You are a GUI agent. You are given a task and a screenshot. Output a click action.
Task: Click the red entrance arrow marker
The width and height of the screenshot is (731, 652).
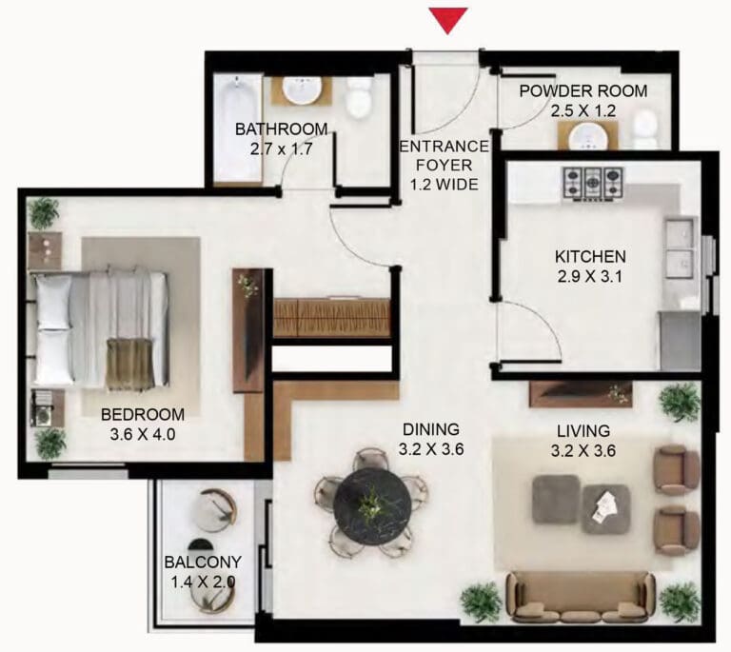tap(448, 20)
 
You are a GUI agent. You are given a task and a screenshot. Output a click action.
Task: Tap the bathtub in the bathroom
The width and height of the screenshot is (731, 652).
tap(238, 128)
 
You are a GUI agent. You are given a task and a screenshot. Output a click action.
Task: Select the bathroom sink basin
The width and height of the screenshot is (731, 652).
tap(302, 89)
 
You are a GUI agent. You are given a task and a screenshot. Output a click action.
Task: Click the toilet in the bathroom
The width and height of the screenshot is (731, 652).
tap(360, 97)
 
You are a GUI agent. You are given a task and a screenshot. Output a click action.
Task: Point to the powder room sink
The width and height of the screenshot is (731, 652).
tap(588, 135)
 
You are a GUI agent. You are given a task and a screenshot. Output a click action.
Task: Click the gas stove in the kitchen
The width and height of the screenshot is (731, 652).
tap(594, 184)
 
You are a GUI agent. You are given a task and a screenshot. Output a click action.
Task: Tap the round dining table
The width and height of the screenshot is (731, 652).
tap(372, 505)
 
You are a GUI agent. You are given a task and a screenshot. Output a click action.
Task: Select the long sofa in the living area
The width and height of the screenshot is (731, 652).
tap(581, 597)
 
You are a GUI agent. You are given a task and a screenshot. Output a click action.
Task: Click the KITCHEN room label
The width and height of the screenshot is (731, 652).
tap(590, 256)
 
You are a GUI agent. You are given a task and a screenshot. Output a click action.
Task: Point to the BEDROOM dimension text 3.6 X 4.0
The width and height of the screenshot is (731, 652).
tap(143, 434)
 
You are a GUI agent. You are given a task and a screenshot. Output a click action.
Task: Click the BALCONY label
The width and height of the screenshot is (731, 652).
tap(203, 563)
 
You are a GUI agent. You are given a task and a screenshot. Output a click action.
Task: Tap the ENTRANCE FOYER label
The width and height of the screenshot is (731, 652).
tap(445, 156)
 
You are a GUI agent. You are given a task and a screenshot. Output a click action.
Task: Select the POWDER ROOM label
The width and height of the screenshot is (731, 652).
tap(583, 90)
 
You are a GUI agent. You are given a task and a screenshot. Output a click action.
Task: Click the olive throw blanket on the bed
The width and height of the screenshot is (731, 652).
tap(129, 364)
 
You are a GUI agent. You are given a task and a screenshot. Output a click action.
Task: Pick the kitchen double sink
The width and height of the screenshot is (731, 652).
tap(680, 247)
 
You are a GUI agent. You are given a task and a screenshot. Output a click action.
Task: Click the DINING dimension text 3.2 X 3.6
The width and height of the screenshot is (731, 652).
tap(431, 449)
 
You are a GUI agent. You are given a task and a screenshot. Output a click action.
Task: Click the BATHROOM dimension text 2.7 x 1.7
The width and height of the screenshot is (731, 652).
tap(281, 149)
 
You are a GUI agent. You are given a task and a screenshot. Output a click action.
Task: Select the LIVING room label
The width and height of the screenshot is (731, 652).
tap(583, 430)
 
